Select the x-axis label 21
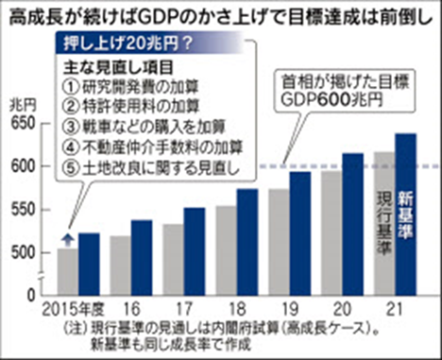point(396,310)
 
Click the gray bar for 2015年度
point(68,273)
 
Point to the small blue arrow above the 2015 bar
point(68,239)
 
